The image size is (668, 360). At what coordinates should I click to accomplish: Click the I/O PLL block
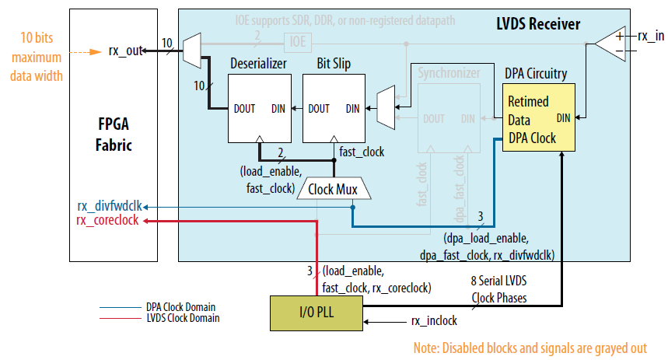315,313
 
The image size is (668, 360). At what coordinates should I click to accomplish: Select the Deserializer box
259,109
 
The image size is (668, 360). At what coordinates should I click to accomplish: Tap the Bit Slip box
333,109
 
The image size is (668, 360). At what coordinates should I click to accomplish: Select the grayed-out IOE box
298,40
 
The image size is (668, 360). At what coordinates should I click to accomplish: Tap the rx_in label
651,37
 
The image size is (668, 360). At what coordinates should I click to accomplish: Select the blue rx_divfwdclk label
109,206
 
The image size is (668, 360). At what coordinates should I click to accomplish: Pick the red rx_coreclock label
108,220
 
